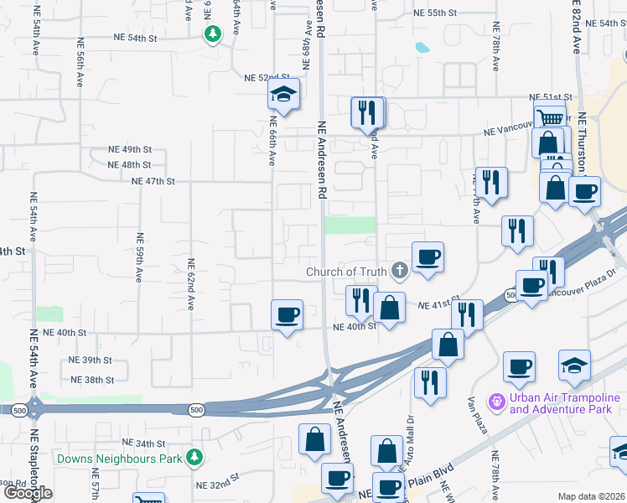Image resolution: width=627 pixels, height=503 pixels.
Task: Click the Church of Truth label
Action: [x=346, y=271]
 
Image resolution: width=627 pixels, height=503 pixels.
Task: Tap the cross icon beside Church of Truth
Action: [x=400, y=270]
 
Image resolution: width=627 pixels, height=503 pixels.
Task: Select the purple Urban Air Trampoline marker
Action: [x=497, y=403]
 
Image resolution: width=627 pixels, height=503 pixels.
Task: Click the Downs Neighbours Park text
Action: [x=119, y=459]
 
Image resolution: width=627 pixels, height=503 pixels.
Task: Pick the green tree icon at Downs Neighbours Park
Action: [x=195, y=457]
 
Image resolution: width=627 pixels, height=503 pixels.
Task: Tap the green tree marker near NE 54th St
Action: [x=213, y=34]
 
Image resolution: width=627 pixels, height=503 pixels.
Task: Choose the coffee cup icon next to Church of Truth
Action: [x=427, y=257]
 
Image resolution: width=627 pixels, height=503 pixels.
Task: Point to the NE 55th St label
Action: [x=435, y=13]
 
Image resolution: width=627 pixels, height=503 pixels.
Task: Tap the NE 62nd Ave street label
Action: [x=191, y=286]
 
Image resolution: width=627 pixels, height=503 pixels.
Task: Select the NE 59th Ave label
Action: [x=139, y=259]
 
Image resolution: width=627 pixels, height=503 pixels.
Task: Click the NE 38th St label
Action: [x=92, y=380]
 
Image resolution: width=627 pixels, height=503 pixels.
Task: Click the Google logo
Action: [x=28, y=493]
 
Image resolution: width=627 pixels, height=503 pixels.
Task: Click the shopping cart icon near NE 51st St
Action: [x=549, y=118]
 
